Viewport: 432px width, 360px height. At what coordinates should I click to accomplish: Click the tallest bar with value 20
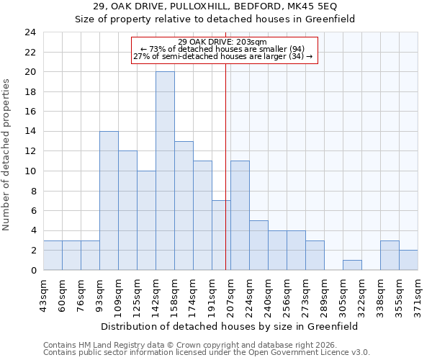[x=165, y=171]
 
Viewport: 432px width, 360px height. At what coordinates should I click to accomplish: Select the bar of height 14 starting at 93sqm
[x=109, y=200]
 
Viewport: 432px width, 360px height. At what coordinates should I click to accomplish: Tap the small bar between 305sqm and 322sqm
[x=352, y=265]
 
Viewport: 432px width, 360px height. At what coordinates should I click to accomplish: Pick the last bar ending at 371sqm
[x=408, y=260]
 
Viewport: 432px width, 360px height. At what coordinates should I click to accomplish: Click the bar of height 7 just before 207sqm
[x=221, y=235]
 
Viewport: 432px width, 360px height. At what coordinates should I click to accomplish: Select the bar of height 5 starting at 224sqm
[x=258, y=245]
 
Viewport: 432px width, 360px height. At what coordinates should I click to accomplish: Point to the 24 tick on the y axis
[x=30, y=32]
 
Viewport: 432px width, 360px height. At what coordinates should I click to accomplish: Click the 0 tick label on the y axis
[x=33, y=270]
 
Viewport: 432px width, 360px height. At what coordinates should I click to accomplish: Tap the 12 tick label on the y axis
[x=30, y=151]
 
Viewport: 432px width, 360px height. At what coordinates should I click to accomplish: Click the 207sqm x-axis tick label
[x=230, y=294]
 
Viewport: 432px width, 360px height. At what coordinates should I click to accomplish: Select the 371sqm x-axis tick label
[x=418, y=294]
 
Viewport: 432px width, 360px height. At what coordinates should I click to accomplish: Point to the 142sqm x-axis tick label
[x=156, y=294]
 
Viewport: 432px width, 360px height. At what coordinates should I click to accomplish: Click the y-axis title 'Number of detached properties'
[x=7, y=156]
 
